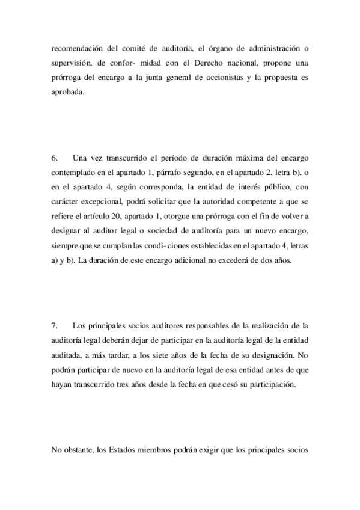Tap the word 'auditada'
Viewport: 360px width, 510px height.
point(67,357)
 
